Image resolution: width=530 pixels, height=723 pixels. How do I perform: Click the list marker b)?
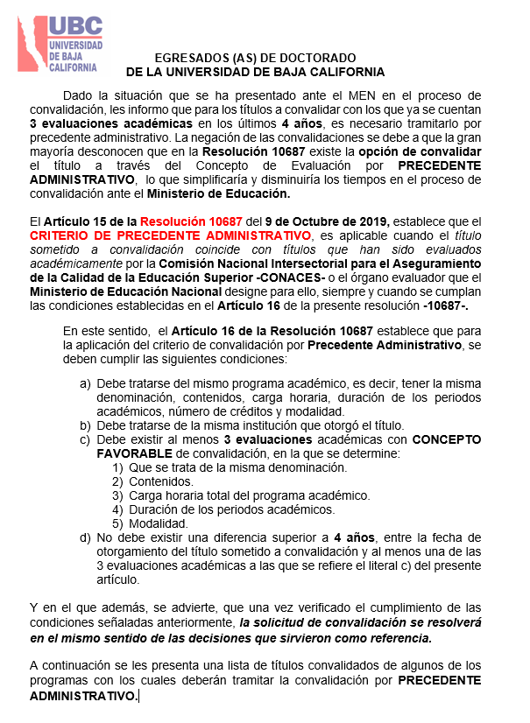(x=85, y=425)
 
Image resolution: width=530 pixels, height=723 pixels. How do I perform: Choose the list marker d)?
(x=85, y=537)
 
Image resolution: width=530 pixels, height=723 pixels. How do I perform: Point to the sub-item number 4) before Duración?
(x=117, y=509)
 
